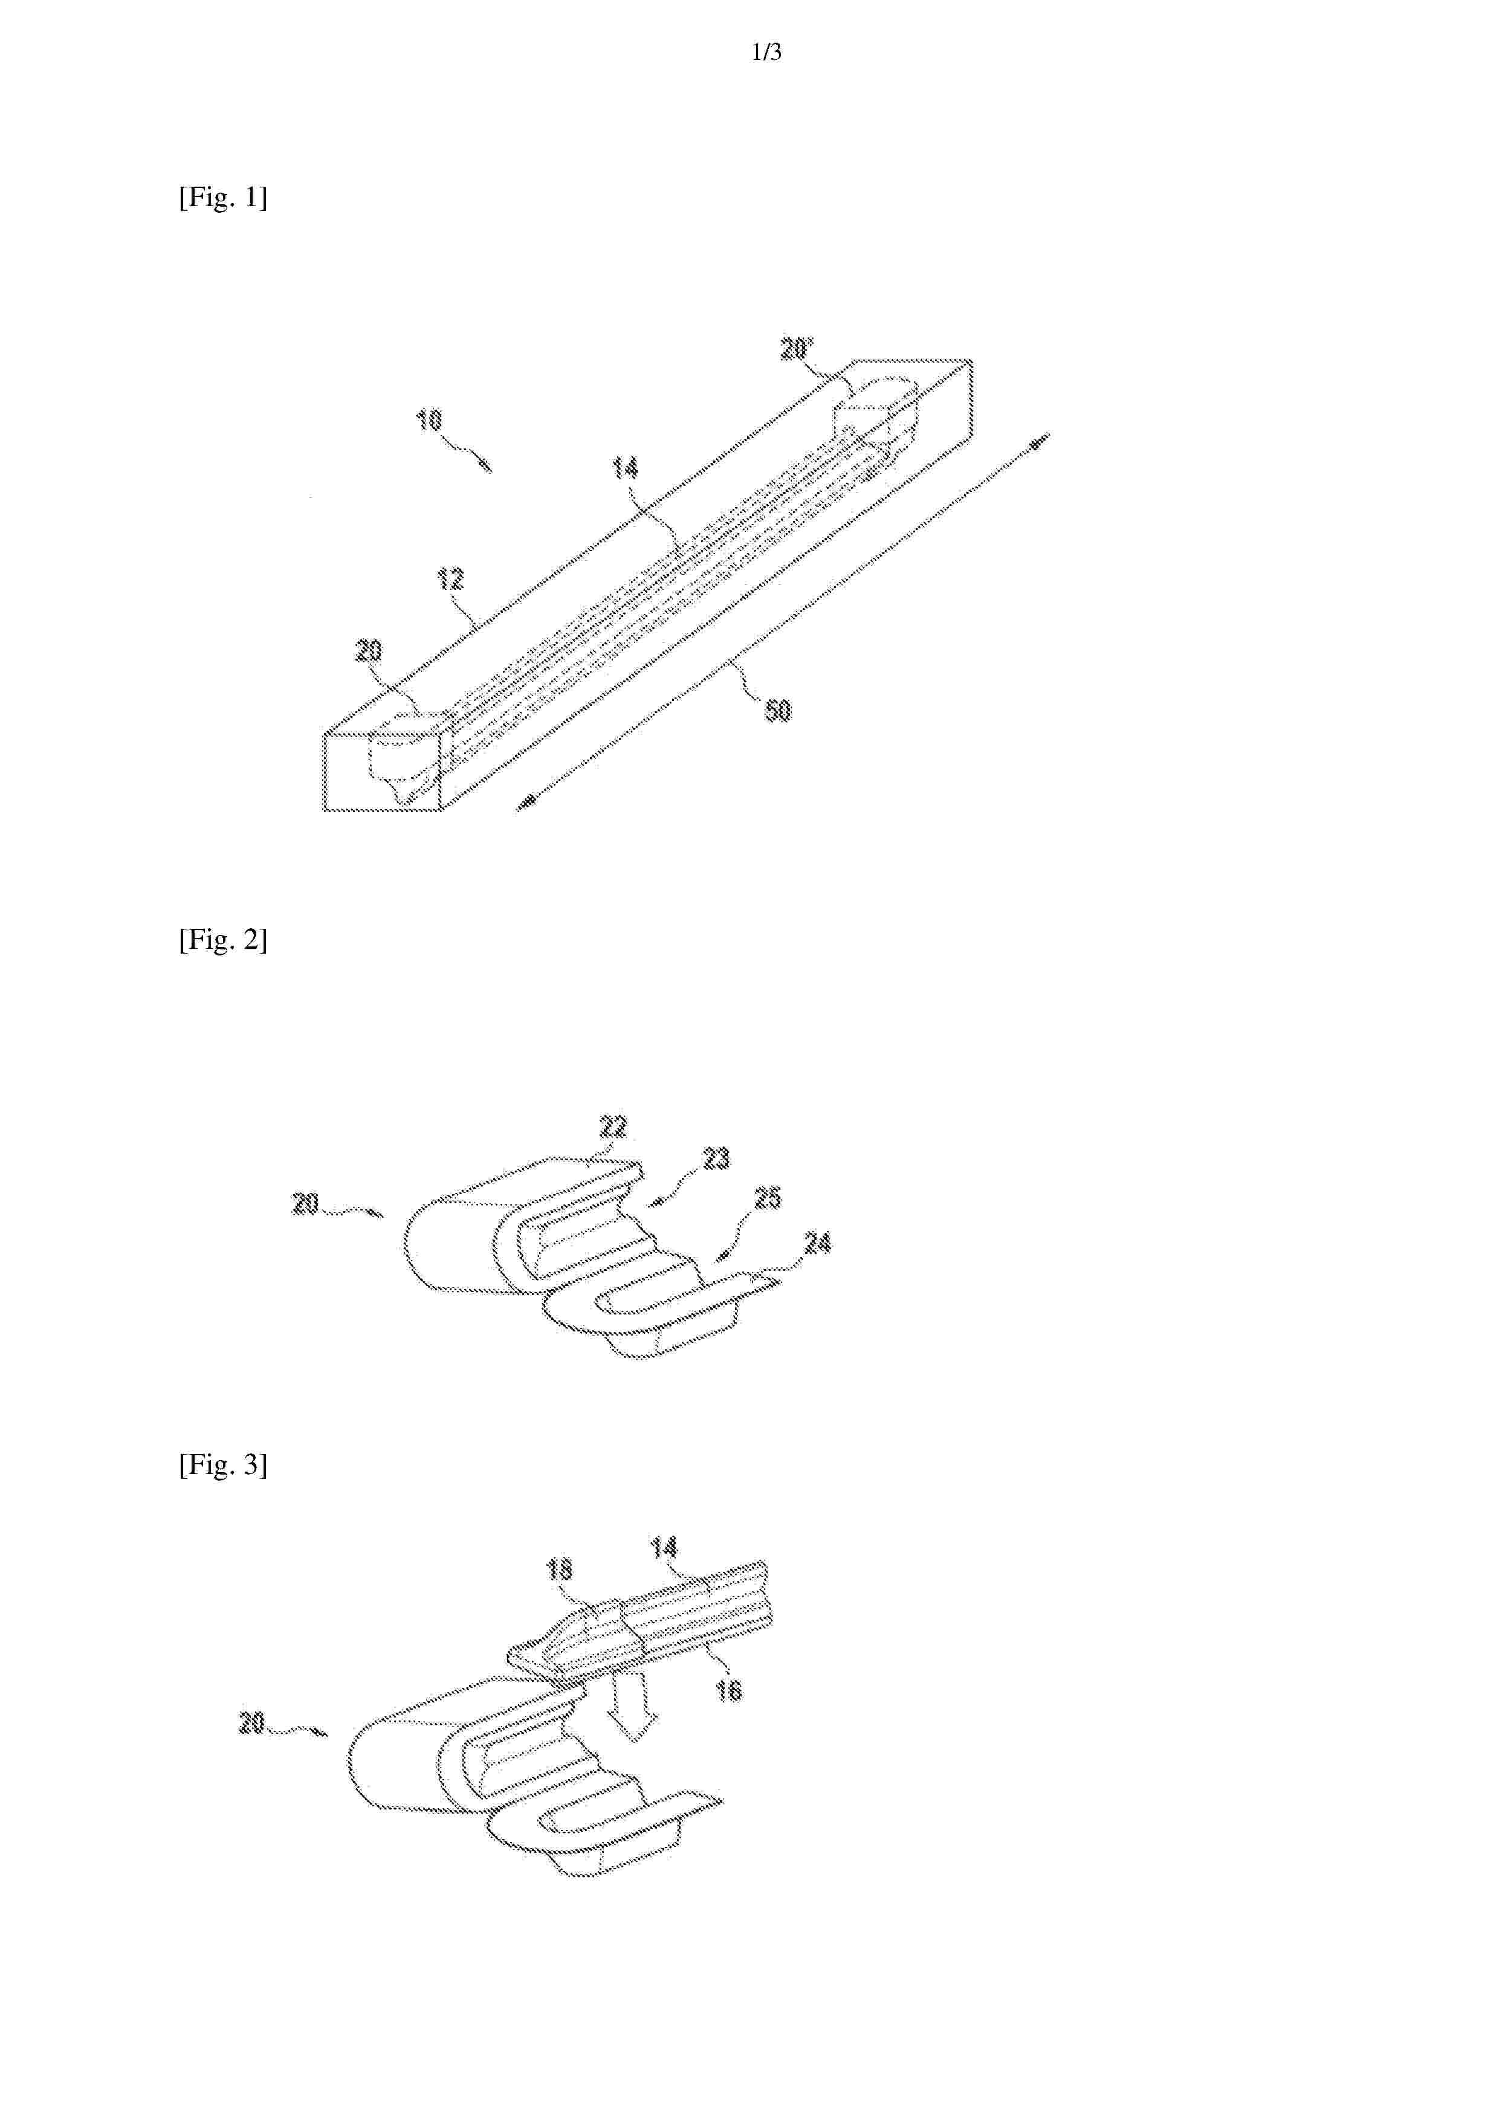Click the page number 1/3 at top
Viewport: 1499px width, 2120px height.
766,53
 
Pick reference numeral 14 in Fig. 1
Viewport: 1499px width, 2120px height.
625,468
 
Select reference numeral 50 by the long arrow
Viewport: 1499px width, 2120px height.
779,710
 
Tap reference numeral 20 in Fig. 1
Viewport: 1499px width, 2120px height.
369,652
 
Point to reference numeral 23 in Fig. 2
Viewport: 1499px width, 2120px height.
717,1158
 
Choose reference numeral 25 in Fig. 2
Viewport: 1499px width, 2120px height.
768,1198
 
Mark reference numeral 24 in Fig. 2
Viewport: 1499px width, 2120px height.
817,1243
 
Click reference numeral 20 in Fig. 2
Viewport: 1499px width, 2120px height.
306,1204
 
